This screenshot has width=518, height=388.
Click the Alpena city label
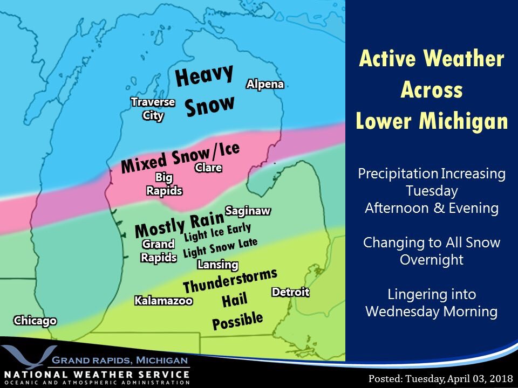coord(265,84)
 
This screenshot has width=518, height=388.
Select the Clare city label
coord(208,168)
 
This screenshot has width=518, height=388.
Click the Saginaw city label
coord(248,210)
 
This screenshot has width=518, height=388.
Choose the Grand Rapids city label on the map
coord(159,251)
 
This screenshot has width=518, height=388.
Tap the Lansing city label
coord(218,265)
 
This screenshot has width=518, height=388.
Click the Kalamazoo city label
coord(163,301)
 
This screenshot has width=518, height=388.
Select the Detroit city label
coord(290,292)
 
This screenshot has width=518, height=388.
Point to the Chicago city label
coord(35,321)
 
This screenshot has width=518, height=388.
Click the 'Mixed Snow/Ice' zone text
coord(180,157)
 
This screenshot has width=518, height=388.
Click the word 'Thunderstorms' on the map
coord(230,279)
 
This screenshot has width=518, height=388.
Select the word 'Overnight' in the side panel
coord(432,260)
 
